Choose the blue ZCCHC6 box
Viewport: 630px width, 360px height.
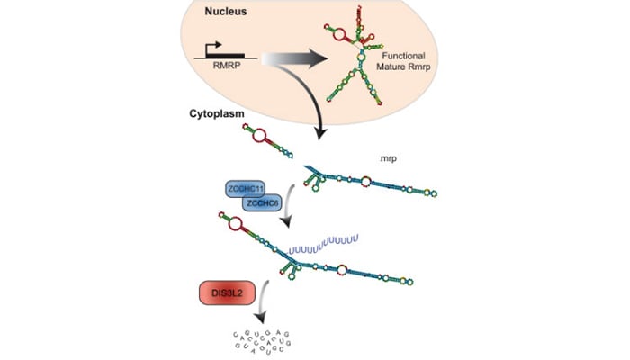265,204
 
